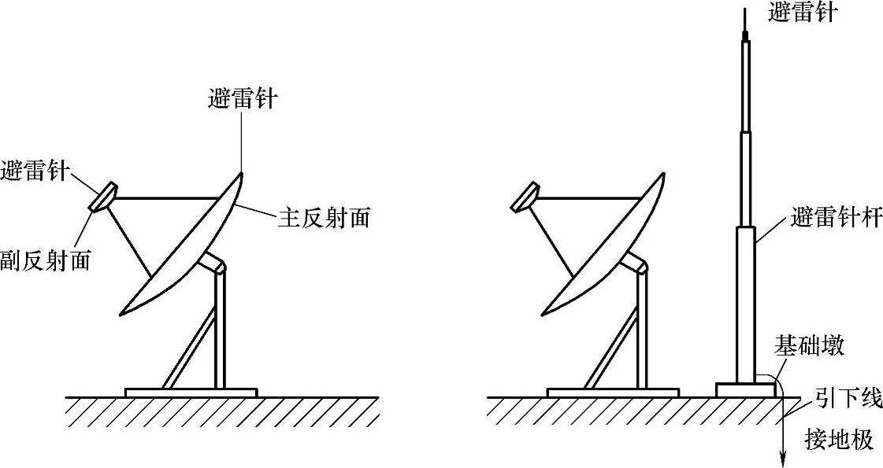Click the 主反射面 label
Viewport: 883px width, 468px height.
coord(323,218)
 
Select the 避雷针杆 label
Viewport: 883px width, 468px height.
coord(836,216)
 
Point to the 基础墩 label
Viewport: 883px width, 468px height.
coord(809,345)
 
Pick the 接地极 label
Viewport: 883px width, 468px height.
coord(839,439)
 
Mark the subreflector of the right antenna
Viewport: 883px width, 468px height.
coord(525,197)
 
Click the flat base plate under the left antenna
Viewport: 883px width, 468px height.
coord(191,392)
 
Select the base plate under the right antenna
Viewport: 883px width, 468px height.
coord(612,392)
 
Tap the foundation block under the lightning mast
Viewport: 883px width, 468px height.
coord(745,389)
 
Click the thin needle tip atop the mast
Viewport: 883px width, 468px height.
coord(744,16)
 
